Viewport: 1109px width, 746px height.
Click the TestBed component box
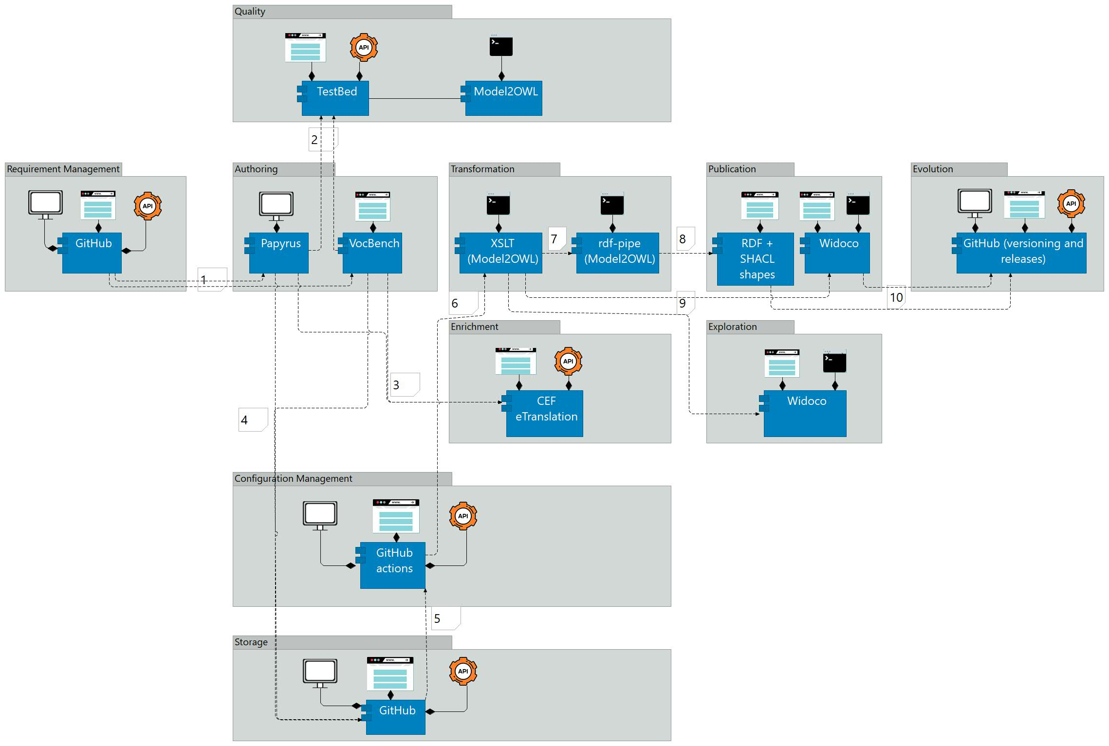335,98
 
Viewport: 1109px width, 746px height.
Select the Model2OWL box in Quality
504,98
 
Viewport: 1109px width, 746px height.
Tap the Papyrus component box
279,253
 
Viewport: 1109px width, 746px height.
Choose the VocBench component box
372,253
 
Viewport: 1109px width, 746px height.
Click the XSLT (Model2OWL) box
501,253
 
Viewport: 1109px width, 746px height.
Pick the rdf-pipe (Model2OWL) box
618,253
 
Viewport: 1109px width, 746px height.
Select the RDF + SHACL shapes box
756,259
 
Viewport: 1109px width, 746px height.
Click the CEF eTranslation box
545,413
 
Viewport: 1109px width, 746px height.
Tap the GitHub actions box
393,565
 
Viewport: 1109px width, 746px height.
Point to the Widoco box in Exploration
805,413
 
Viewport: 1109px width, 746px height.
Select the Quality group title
250,12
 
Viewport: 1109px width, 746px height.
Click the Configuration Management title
294,479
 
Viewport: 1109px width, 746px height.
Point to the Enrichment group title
475,327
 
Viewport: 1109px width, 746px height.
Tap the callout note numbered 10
896,297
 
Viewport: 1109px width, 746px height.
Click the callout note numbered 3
405,384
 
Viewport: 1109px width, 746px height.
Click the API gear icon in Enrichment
568,361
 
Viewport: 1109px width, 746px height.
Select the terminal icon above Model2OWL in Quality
501,46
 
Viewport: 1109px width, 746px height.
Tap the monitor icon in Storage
320,672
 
